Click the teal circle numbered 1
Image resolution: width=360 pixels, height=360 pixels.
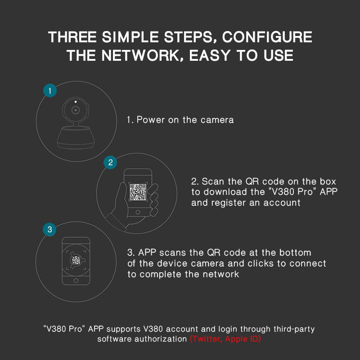[50, 90]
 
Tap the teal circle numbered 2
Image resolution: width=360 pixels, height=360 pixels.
[110, 162]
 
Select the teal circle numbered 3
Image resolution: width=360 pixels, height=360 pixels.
[49, 229]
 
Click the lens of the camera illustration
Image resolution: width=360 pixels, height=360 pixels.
[76, 110]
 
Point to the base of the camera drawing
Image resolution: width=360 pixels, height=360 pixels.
[76, 137]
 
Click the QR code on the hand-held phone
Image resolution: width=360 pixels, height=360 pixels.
[138, 192]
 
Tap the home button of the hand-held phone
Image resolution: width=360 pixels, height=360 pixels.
[138, 212]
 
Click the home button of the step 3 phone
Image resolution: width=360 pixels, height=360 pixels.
[76, 280]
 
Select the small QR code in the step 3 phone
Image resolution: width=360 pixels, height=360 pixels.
[76, 260]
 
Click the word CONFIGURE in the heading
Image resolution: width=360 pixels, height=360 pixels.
[267, 37]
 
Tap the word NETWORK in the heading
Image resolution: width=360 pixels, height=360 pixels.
[140, 55]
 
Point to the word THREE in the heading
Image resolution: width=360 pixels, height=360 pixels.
[72, 37]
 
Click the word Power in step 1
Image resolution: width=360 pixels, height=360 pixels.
[151, 120]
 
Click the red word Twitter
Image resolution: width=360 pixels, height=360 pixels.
[206, 339]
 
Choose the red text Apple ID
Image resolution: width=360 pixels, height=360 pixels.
[243, 339]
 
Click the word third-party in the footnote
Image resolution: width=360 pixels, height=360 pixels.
[294, 329]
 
